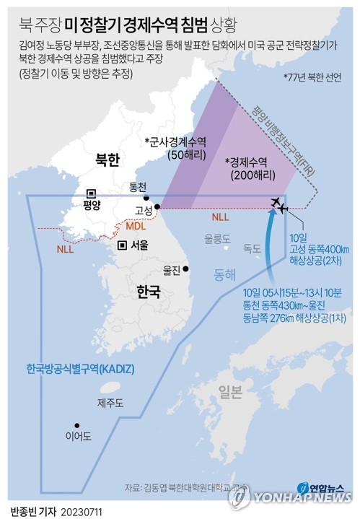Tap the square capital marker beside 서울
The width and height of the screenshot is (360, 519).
(x=123, y=245)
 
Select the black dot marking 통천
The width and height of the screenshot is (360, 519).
(x=147, y=197)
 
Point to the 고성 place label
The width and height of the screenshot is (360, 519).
(x=143, y=210)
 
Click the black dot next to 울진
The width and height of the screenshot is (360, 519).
(x=187, y=269)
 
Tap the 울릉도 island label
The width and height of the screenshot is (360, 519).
(x=216, y=237)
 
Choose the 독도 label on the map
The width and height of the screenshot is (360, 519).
(x=252, y=248)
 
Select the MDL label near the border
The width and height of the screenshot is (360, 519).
(x=136, y=227)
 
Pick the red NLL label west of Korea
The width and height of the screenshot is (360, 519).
(x=66, y=250)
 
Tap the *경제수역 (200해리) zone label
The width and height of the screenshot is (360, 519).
(x=247, y=168)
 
